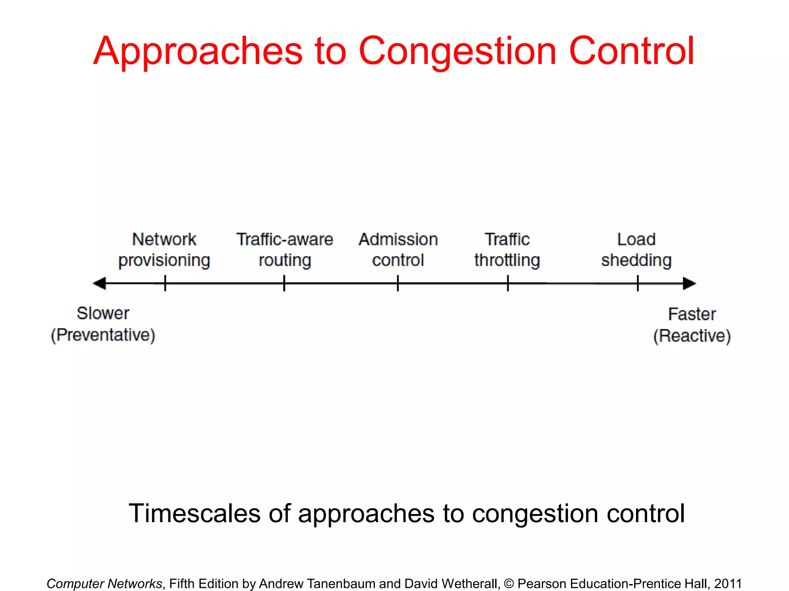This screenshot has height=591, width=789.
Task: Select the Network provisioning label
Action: coord(164,250)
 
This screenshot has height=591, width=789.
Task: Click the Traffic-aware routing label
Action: coord(285,250)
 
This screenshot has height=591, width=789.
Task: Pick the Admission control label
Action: coord(398,250)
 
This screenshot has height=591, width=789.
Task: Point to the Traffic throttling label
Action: coord(507,250)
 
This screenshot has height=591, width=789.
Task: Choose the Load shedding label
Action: coord(636,250)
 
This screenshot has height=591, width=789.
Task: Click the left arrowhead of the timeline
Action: coord(100,284)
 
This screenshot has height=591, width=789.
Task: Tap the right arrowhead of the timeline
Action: coord(689,284)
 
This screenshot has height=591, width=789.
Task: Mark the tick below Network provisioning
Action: coord(165,283)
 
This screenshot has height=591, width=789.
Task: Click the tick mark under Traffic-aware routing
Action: coord(284,283)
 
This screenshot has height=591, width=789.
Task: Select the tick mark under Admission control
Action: coord(398,283)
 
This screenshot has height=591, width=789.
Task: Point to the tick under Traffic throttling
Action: coord(508,283)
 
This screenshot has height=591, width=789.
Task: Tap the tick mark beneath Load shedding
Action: coord(638,283)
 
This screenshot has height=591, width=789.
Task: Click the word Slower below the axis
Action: coord(103,313)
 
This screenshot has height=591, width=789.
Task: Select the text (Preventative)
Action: coord(103,335)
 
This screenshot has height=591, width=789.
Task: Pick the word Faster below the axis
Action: coord(692,314)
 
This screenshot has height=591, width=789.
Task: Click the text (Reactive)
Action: coord(692,336)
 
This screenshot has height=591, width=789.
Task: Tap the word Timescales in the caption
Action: coord(195,514)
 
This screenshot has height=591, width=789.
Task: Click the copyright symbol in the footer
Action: coord(509,584)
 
